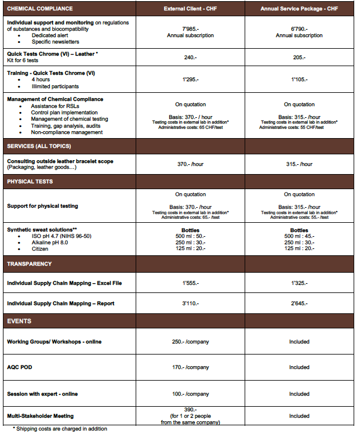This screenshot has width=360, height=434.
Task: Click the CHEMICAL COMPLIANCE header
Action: [40, 9]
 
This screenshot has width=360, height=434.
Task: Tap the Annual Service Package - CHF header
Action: [299, 9]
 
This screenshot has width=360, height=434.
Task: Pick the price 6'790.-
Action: [299, 28]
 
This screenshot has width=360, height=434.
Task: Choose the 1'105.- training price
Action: [299, 79]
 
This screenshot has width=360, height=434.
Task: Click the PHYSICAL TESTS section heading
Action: [30, 182]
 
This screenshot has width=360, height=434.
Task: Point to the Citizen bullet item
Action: [43, 249]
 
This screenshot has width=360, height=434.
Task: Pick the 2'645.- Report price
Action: [299, 303]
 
